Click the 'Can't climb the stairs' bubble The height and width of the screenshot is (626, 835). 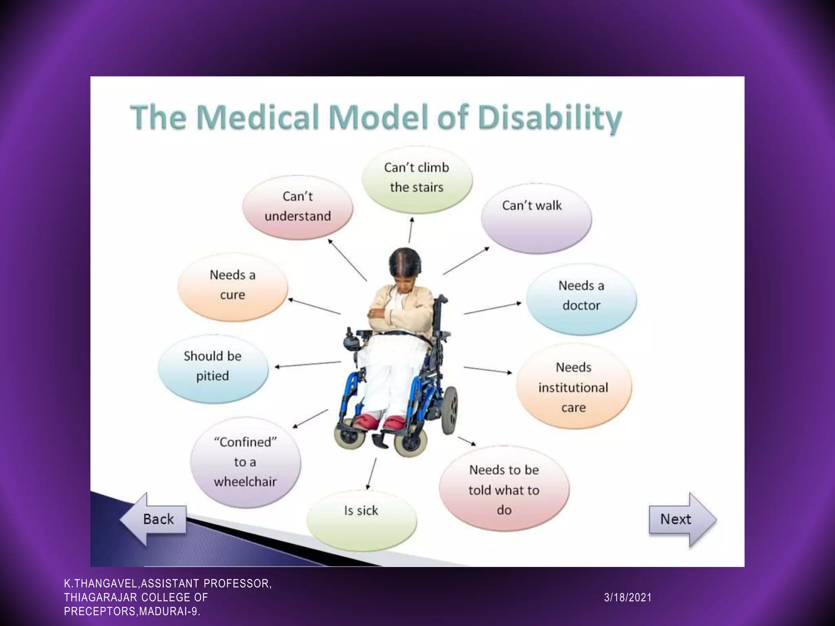(417, 179)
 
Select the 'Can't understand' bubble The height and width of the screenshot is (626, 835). (298, 207)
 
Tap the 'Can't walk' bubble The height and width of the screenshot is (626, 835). (536, 218)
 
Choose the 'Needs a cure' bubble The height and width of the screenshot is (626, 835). (232, 286)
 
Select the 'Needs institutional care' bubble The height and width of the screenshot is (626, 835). (573, 387)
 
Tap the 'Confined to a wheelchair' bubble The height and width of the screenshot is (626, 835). (245, 462)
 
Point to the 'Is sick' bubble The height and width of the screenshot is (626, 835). (361, 519)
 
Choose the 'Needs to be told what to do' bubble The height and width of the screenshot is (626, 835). (504, 489)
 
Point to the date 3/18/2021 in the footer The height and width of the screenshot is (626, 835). (627, 597)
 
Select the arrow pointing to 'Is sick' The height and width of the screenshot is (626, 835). (371, 473)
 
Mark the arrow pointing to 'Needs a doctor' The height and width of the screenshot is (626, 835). (493, 308)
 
